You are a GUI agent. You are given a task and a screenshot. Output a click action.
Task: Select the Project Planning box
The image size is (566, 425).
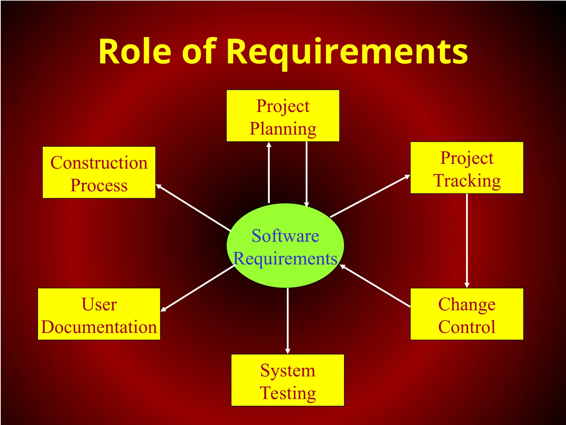pos(283,116)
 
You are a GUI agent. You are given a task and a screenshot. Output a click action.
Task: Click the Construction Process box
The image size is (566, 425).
pos(99,172)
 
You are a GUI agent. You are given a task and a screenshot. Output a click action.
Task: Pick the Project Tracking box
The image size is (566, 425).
pos(467,168)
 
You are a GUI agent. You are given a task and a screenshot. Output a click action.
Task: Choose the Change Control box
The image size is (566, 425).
pos(467,314)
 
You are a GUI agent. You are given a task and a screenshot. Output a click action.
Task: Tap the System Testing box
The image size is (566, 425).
pos(287,380)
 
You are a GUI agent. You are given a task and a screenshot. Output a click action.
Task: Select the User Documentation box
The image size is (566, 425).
pos(99,314)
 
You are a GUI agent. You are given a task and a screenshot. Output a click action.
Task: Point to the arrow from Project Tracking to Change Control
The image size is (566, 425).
pos(467,241)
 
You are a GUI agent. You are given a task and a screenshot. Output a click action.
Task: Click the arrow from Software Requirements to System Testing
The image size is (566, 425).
pos(288,321)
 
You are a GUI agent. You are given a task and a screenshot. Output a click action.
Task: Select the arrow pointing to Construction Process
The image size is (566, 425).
pos(193,208)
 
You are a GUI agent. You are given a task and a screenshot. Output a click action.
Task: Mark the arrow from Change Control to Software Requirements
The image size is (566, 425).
pos(375,286)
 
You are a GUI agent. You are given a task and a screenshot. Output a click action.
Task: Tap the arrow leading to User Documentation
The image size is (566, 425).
pos(198,288)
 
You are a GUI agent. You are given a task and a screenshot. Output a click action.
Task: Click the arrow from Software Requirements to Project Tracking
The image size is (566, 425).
pos(370,196)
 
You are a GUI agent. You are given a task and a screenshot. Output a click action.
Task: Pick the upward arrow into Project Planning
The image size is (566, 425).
pos(269,173)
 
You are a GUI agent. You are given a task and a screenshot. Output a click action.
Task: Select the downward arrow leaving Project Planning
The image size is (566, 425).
pos(306,174)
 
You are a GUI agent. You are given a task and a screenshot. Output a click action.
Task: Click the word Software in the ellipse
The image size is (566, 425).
pos(285,236)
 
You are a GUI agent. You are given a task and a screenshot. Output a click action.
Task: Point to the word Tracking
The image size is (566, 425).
pos(467,181)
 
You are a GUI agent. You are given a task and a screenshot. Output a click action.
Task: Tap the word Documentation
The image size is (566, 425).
pos(99,327)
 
